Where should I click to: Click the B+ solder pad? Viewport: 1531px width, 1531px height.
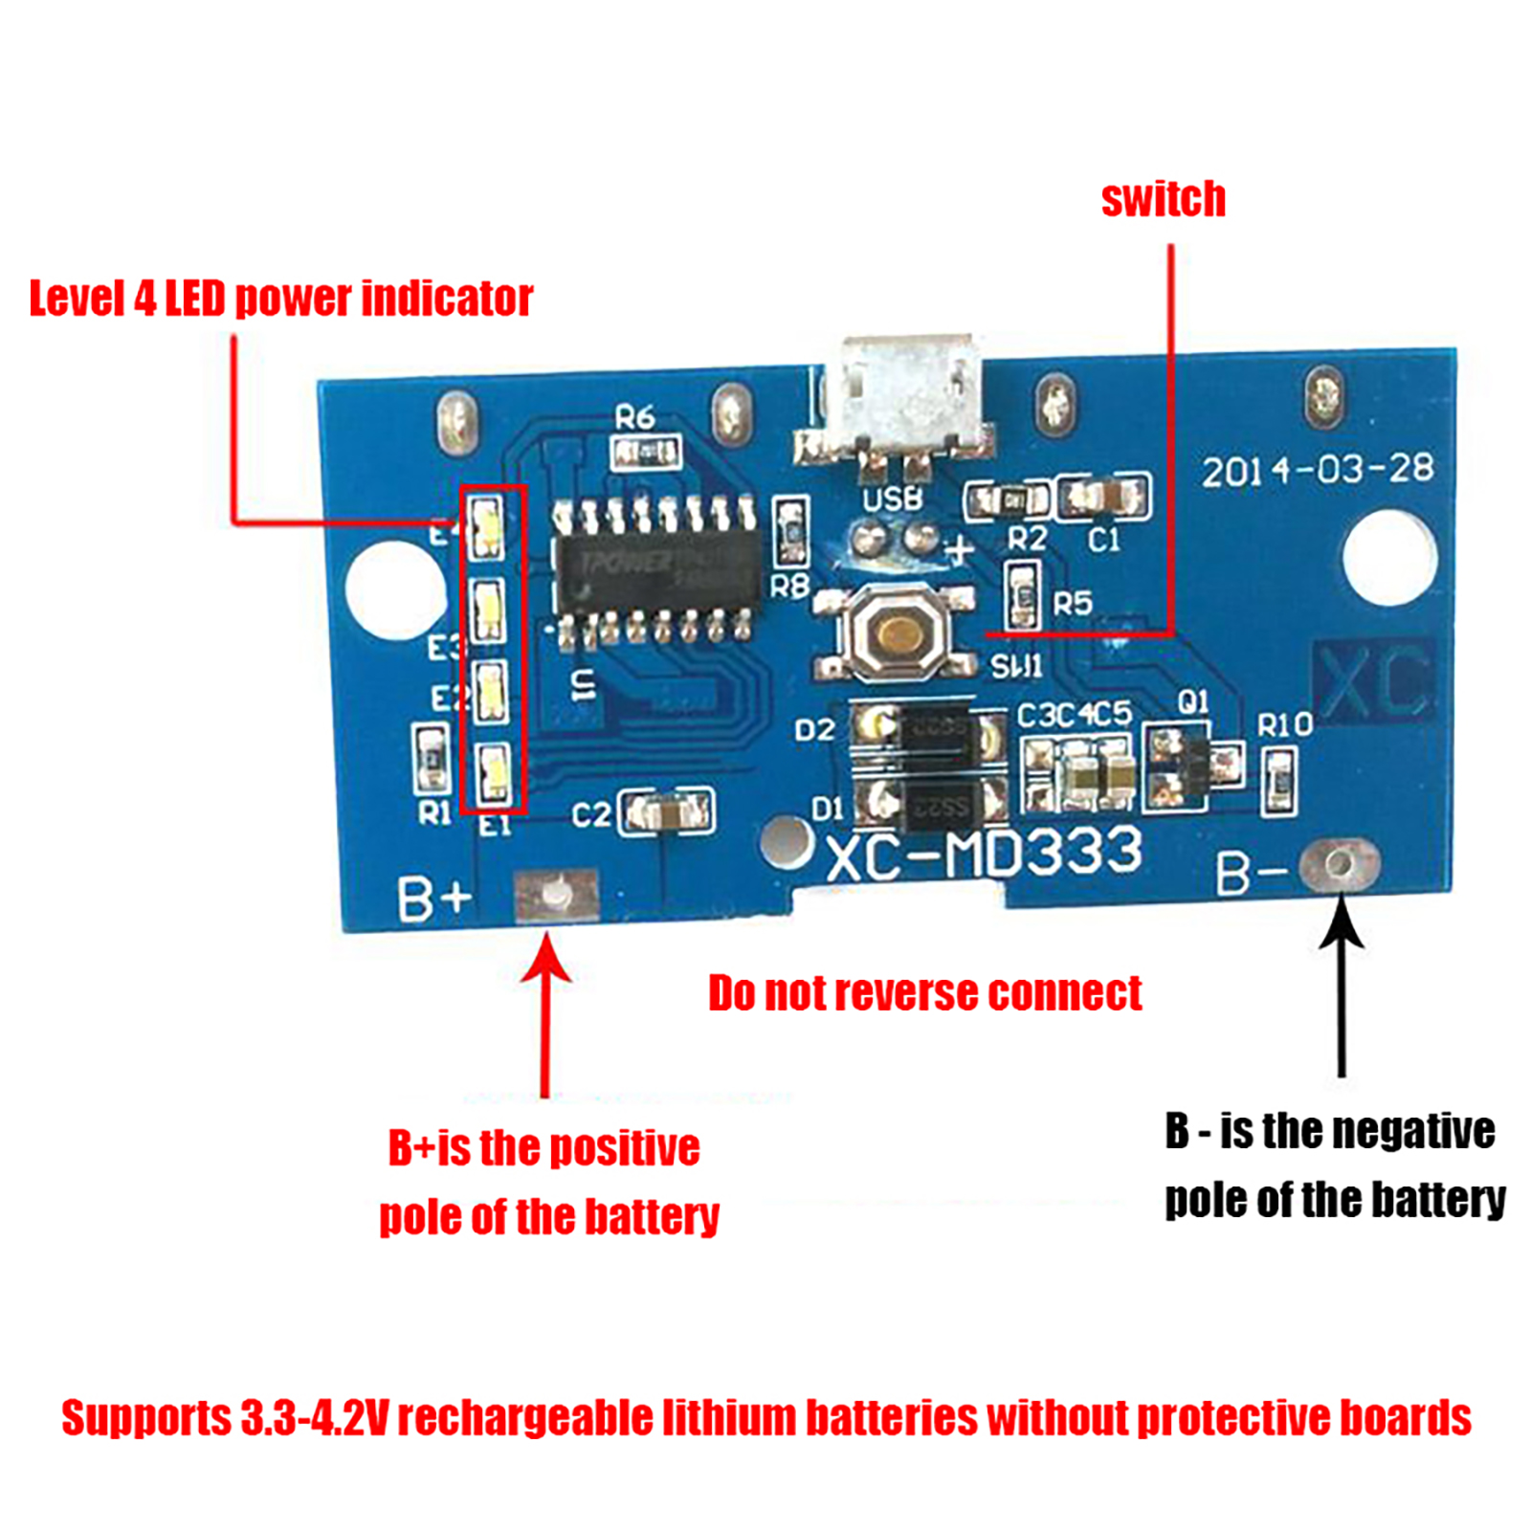[x=556, y=896]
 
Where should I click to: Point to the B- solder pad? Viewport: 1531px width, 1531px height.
[x=1340, y=864]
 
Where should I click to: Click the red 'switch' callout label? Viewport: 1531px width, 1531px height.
[x=1163, y=200]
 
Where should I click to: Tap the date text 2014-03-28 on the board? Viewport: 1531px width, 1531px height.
[x=1318, y=470]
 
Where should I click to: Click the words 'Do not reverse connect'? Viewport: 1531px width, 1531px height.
[x=924, y=993]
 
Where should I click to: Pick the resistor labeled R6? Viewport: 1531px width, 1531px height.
[x=646, y=451]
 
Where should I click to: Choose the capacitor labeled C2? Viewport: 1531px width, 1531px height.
[x=666, y=812]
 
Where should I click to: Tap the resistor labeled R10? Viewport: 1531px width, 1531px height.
[x=1278, y=780]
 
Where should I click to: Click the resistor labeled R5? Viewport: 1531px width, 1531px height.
[x=1022, y=595]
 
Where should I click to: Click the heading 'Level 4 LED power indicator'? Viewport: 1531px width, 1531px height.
[x=280, y=299]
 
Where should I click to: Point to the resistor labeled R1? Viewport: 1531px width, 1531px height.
[x=431, y=759]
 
